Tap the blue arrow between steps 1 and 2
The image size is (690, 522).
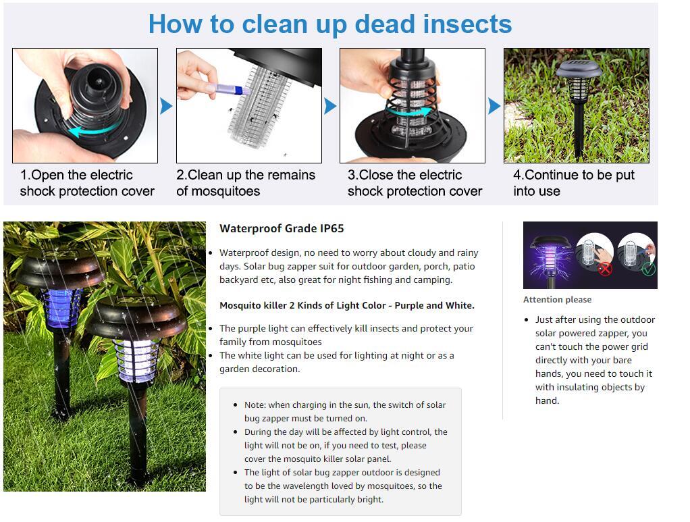coord(166,106)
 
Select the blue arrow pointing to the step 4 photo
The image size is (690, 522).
coord(494,106)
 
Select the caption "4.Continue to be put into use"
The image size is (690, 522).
coord(573,183)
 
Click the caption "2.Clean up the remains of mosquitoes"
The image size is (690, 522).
coord(246,183)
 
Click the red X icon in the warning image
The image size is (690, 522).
coord(604,268)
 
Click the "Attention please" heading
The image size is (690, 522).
coord(557,300)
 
